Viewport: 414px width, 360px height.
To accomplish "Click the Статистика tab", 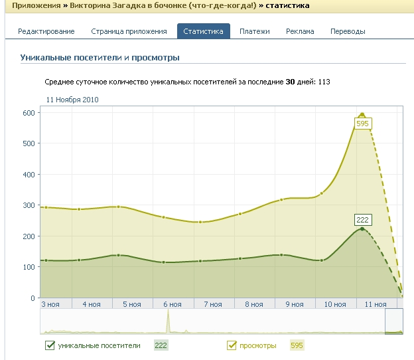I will [204, 31].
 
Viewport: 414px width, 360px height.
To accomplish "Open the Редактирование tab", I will [46, 31].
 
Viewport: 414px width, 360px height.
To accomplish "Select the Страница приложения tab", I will [129, 31].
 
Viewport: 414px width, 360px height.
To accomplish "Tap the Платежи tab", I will [255, 31].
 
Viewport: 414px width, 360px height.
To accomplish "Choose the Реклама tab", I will [300, 31].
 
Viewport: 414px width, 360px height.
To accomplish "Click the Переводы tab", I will [348, 31].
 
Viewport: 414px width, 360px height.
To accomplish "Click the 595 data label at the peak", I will [362, 124].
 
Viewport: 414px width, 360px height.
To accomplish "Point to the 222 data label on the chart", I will [362, 220].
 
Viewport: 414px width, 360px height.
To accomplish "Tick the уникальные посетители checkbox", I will [50, 345].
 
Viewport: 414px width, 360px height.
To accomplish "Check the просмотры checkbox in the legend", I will [232, 345].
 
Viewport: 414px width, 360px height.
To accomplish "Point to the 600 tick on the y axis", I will [28, 112].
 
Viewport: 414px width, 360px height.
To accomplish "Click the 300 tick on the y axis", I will [28, 205].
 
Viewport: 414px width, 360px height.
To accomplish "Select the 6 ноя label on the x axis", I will [172, 304].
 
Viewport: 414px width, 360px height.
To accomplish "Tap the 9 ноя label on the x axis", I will [295, 304].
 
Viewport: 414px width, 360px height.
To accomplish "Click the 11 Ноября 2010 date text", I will [72, 100].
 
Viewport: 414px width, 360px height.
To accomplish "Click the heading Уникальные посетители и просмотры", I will [100, 58].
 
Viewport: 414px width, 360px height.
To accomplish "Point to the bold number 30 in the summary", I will [290, 82].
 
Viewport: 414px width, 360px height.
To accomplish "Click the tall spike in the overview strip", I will [169, 322].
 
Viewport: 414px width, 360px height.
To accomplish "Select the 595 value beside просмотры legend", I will [297, 345].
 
